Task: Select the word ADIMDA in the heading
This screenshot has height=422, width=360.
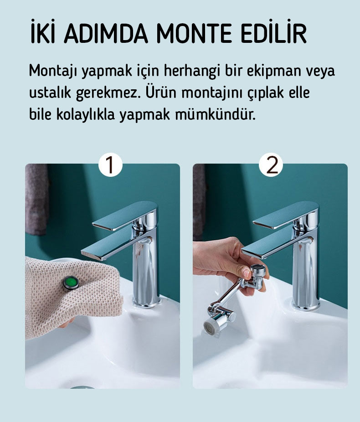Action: [x=106, y=34]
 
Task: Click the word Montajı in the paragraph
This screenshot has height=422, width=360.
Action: [x=53, y=71]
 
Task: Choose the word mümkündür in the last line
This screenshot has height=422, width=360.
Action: [x=215, y=114]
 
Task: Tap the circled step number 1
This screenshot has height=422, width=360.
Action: [x=110, y=165]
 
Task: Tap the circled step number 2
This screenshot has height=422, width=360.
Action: [x=271, y=165]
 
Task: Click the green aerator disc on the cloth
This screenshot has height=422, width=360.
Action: [x=71, y=283]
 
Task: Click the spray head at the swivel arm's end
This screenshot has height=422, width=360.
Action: [x=212, y=325]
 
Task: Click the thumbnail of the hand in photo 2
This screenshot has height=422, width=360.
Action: [x=247, y=273]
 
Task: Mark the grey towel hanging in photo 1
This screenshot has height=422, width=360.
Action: [x=37, y=199]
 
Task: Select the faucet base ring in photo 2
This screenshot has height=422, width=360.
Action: [x=306, y=305]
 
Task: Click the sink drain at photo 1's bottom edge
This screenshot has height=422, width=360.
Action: [x=82, y=387]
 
